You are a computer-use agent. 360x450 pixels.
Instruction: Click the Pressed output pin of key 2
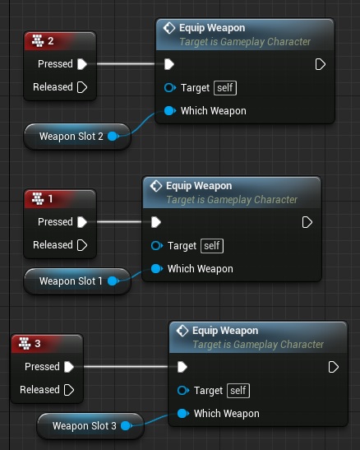82,64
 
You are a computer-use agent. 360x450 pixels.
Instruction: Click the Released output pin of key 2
82,87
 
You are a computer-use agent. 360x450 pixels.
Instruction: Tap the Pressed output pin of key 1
82,222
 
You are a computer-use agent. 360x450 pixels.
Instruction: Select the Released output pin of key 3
69,390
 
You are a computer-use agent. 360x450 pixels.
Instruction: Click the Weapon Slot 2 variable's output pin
113,137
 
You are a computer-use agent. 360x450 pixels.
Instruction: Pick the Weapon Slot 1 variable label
71,281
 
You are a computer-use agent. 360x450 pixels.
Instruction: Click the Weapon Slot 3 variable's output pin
127,426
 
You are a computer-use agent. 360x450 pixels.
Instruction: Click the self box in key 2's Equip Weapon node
225,88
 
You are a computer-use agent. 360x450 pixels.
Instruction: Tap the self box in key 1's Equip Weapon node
212,246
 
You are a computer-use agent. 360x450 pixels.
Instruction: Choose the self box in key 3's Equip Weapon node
238,391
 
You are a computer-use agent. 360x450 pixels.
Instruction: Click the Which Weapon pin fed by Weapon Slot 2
170,111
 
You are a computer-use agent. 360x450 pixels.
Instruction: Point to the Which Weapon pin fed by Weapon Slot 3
183,414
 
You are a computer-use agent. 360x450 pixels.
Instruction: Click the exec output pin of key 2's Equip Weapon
321,64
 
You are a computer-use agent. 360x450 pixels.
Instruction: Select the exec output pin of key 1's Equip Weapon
307,222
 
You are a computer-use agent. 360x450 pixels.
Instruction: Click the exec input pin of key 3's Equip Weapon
182,367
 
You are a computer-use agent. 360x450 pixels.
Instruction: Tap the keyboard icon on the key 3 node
25,344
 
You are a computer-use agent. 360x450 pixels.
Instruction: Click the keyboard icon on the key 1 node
38,198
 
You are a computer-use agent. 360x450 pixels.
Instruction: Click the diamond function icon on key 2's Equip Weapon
169,28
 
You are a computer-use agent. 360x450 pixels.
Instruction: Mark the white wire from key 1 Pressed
119,222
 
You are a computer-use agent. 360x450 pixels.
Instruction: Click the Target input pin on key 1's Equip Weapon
157,246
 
